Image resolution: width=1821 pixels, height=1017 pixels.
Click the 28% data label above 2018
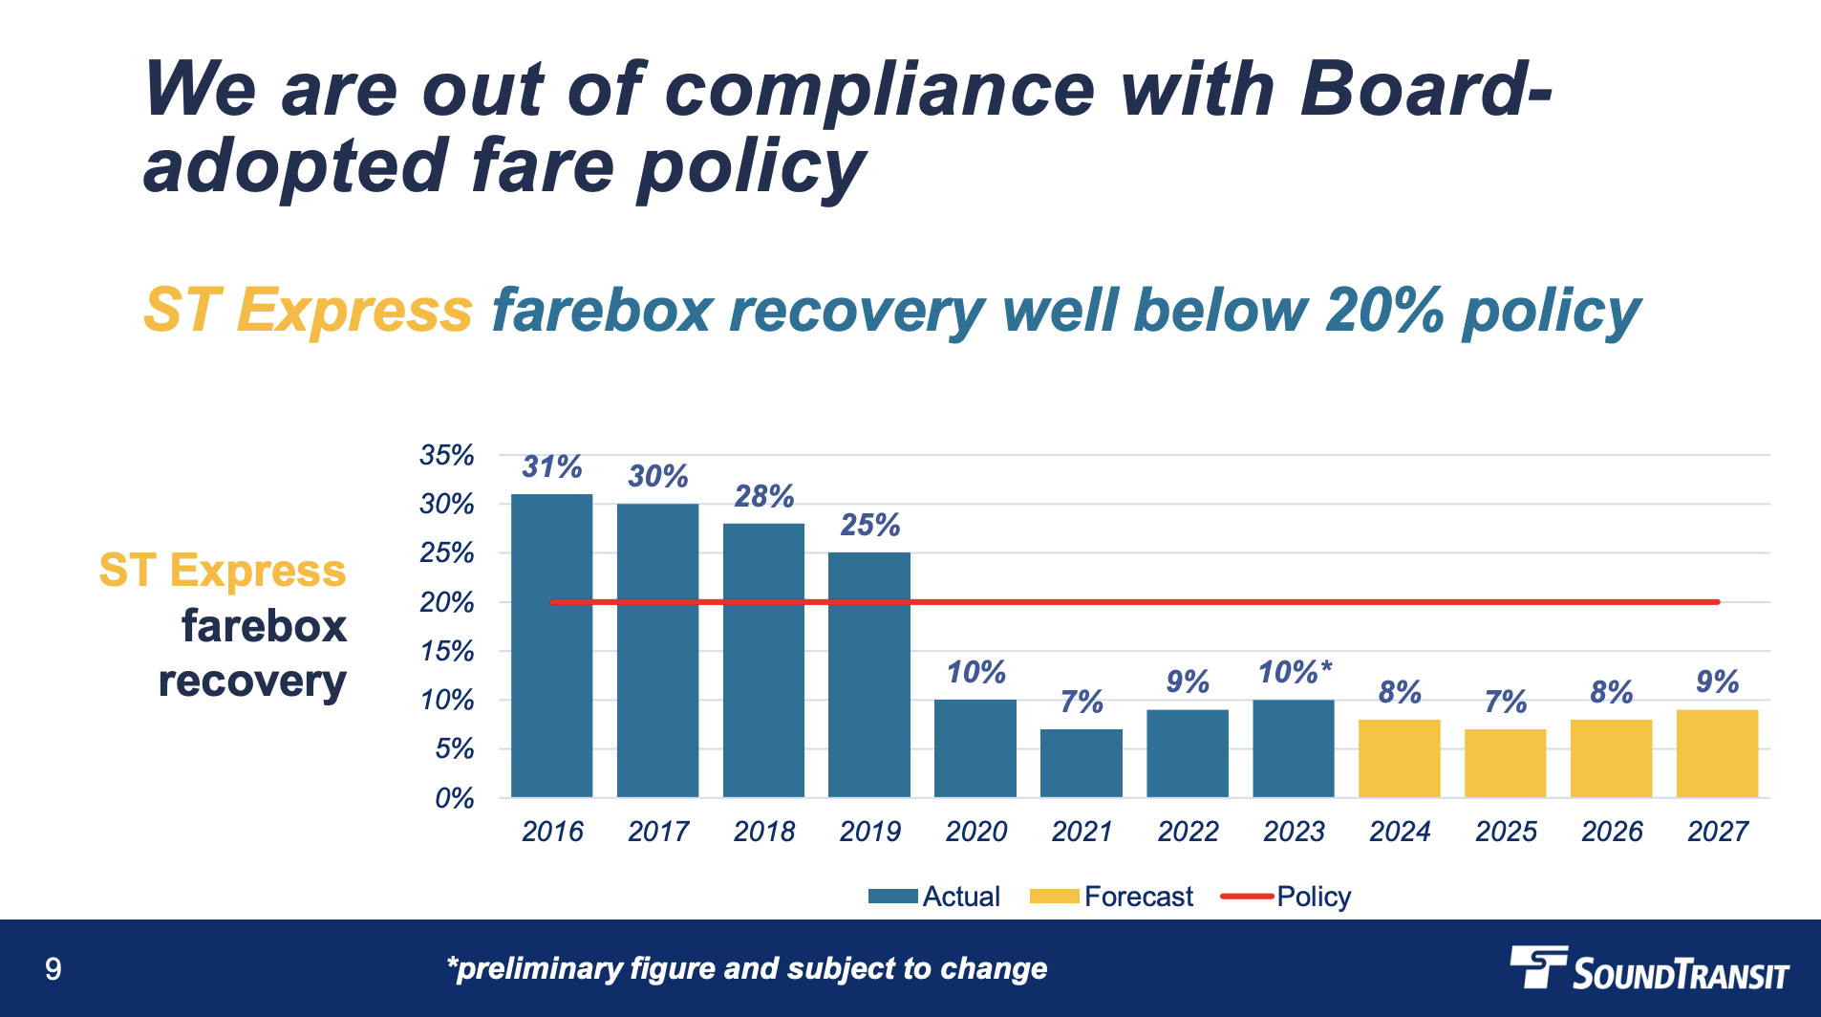point(763,496)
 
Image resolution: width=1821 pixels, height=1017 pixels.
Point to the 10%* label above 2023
point(1294,672)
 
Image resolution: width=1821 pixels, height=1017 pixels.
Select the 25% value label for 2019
point(869,525)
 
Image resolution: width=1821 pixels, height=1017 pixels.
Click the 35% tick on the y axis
point(446,455)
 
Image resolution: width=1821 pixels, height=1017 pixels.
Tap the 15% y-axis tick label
point(446,652)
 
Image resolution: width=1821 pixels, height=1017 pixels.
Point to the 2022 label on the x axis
point(1188,832)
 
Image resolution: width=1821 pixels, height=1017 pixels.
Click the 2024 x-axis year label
point(1400,832)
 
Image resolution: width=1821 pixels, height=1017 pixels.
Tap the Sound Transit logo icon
point(1539,966)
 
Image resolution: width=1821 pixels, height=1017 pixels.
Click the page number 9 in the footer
point(54,969)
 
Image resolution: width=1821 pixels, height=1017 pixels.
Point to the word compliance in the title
point(879,91)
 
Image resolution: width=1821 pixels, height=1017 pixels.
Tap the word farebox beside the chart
point(264,627)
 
